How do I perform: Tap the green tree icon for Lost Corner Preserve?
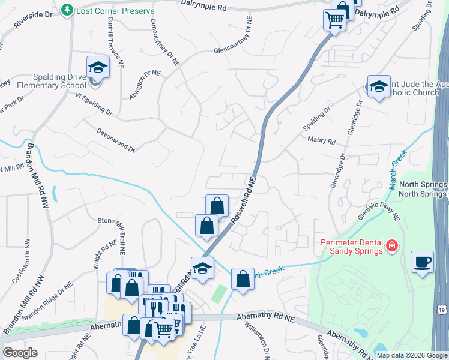[x=68, y=10]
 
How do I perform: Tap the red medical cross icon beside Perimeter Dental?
[x=391, y=246]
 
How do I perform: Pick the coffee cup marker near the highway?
[x=423, y=262]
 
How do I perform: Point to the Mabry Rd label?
[x=321, y=140]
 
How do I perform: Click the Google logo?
[x=20, y=353]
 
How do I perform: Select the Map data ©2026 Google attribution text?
[x=411, y=355]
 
